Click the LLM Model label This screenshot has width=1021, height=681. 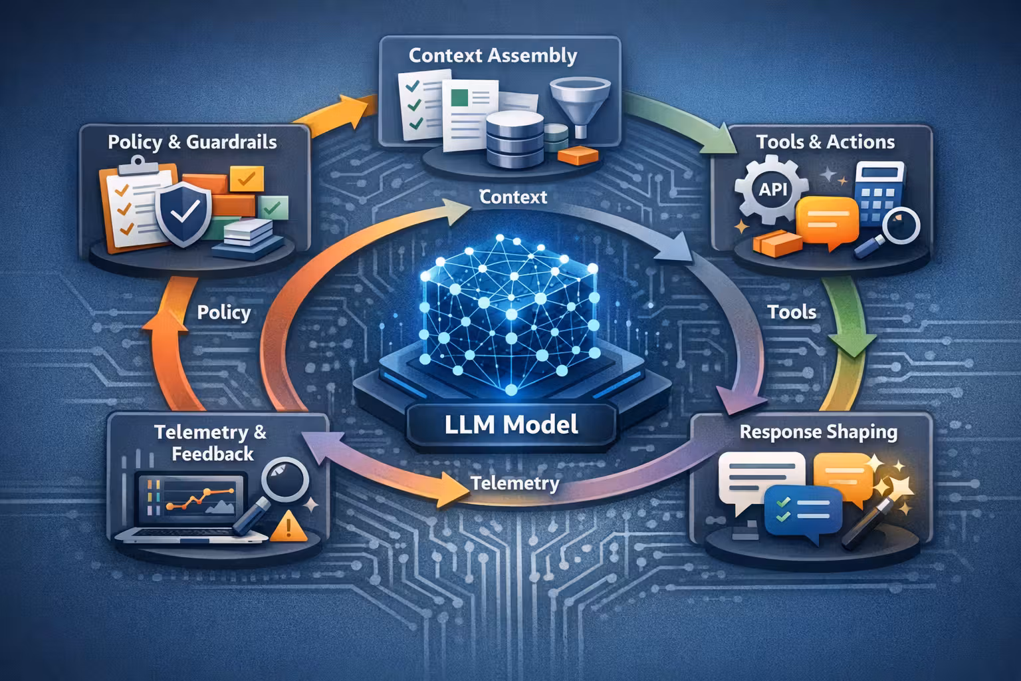(x=510, y=424)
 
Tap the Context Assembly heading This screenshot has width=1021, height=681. (x=493, y=55)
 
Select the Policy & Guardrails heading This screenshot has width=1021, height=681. (x=192, y=142)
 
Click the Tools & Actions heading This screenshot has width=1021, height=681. (x=825, y=142)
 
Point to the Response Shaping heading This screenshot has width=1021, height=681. (x=818, y=432)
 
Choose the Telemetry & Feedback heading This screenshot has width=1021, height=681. (x=211, y=443)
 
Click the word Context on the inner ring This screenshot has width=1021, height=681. (x=512, y=197)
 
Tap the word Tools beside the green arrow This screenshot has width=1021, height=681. (x=791, y=312)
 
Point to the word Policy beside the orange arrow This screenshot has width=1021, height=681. (x=223, y=313)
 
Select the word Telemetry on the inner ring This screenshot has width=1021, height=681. (x=514, y=483)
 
